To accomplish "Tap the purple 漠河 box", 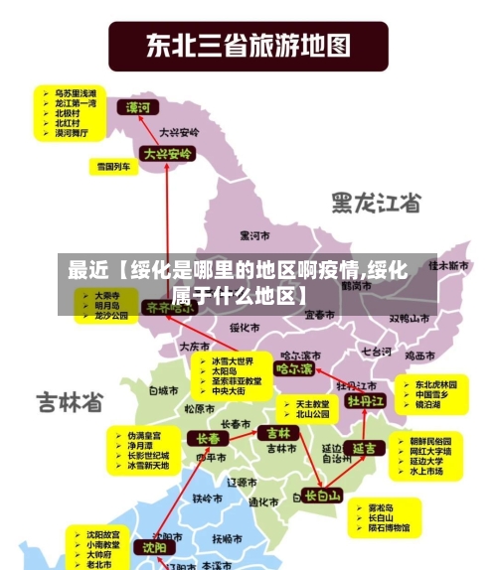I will (138, 106).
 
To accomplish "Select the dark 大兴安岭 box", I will (166, 154).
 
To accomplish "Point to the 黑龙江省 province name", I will (377, 203).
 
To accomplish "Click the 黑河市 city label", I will (255, 235).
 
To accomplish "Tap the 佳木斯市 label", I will (448, 266).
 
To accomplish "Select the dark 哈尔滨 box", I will (293, 368).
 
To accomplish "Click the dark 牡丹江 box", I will (365, 401).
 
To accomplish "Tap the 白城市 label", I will (161, 391).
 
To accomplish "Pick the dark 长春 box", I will (209, 438).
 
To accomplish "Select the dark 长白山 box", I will (323, 495).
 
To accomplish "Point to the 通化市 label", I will (263, 503).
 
